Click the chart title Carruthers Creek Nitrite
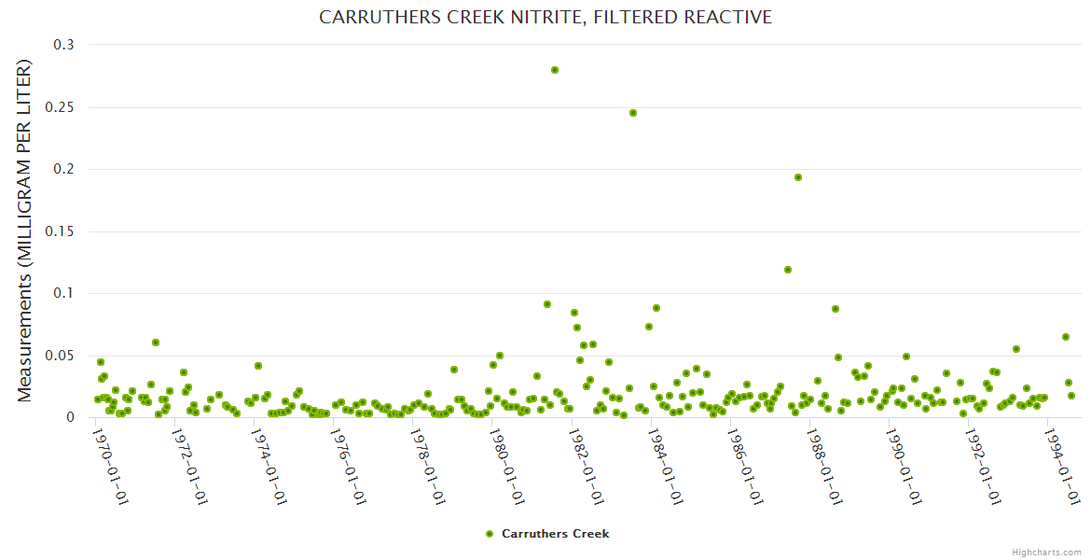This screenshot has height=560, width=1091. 545,17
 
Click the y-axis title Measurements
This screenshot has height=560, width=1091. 25,231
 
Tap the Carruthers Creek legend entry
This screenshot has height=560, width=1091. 547,534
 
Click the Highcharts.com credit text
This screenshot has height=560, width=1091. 1046,553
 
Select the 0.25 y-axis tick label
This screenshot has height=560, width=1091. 63,107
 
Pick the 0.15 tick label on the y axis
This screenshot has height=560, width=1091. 63,231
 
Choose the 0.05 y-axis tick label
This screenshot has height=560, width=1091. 63,356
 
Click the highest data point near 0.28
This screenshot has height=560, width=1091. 555,70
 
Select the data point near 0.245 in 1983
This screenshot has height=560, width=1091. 633,113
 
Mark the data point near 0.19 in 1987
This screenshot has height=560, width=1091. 798,177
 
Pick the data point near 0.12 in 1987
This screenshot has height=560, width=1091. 788,270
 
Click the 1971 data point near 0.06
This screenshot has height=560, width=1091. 156,343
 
